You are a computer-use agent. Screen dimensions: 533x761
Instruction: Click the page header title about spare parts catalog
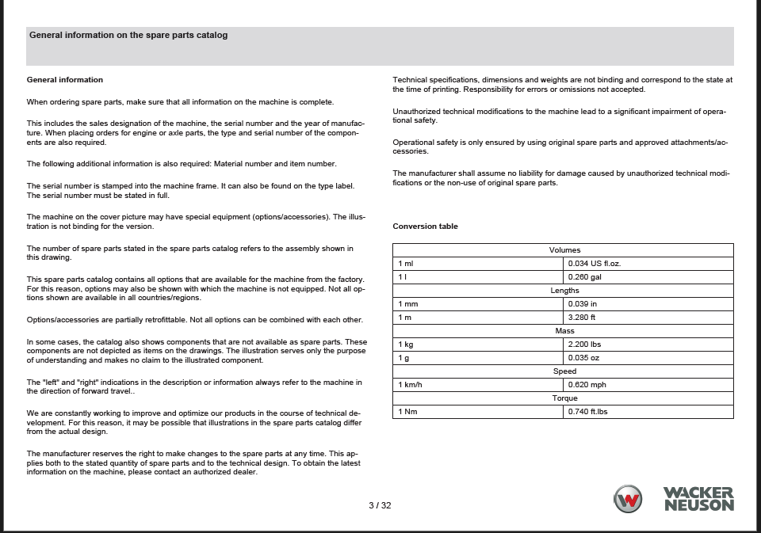click(128, 35)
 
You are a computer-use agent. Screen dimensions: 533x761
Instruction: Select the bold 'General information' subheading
click(65, 79)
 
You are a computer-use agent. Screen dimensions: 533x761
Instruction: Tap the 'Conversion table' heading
click(425, 227)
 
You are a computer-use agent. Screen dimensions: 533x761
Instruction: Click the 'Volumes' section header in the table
click(564, 250)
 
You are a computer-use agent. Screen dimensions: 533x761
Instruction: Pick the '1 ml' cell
click(406, 264)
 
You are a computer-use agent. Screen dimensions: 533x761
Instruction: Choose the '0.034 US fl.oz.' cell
click(595, 264)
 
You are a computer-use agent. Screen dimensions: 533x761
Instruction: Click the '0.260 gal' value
click(585, 277)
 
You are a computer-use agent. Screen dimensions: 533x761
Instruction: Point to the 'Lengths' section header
click(564, 291)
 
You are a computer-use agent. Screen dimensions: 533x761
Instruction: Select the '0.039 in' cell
click(583, 304)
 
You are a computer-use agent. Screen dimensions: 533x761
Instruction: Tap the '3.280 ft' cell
click(582, 318)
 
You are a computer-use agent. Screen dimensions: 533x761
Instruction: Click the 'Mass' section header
click(564, 331)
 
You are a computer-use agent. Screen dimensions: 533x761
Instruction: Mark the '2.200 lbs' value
click(585, 345)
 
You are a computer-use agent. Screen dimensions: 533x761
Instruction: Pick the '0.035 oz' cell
click(583, 358)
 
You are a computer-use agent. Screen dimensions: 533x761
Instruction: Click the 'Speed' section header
click(564, 371)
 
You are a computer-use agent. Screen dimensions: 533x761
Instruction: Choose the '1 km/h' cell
click(410, 385)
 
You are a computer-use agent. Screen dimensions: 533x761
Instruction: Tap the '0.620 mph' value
click(587, 385)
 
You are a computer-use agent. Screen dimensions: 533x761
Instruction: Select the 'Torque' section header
click(564, 398)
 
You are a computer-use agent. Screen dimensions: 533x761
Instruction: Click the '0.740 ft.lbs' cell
click(590, 412)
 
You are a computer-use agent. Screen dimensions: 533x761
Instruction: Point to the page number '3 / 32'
click(380, 505)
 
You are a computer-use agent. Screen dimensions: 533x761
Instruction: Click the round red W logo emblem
click(629, 499)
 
